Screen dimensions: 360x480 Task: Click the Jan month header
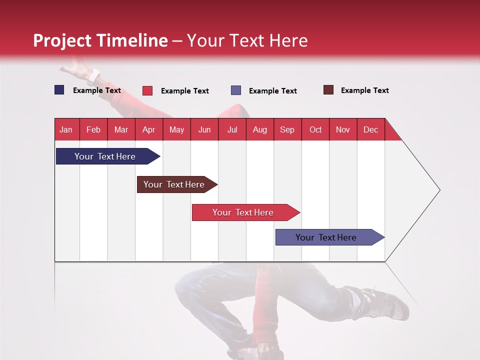point(66,129)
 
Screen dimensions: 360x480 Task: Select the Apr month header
point(149,129)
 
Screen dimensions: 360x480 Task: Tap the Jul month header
point(232,129)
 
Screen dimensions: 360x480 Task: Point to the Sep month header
point(287,129)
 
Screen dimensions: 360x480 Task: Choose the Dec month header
point(370,129)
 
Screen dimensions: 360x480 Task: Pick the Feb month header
point(93,129)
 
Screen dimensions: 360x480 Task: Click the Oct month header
point(315,129)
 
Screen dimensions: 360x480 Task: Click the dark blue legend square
point(59,90)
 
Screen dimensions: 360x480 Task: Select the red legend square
point(147,90)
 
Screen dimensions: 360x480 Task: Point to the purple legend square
point(236,90)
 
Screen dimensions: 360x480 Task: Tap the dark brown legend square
point(328,90)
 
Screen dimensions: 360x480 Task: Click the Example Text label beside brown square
point(364,90)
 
